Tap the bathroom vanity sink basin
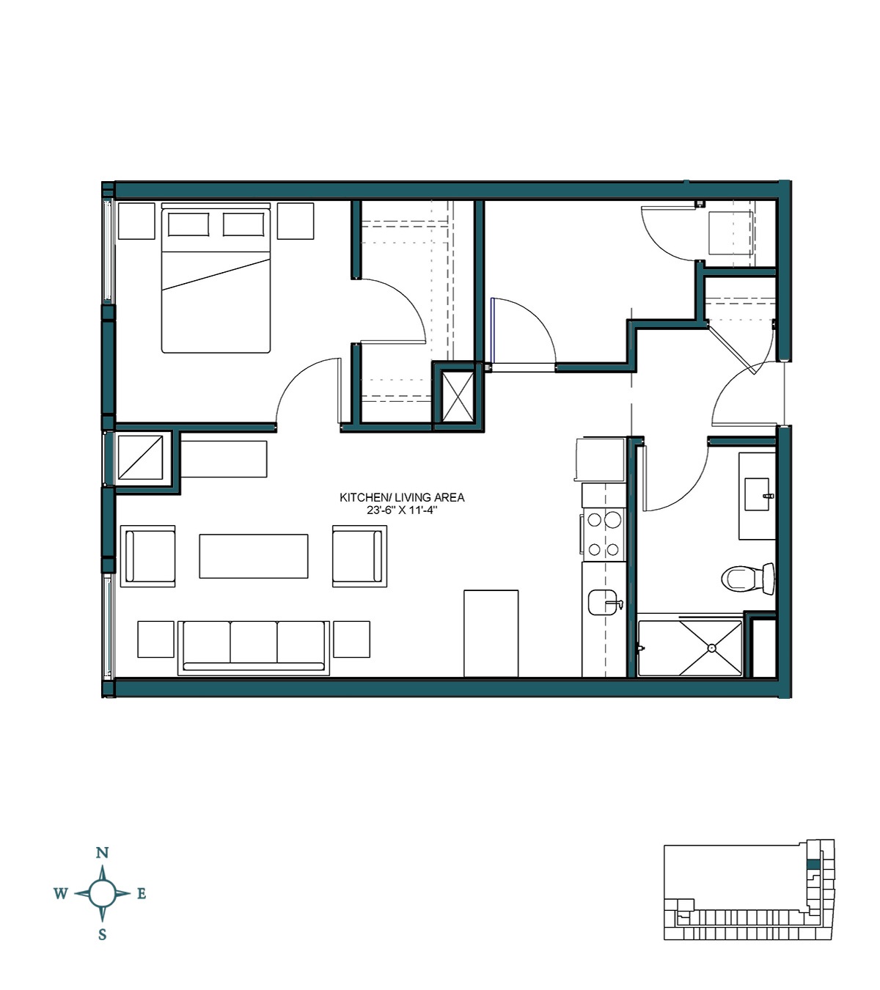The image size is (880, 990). pos(757,494)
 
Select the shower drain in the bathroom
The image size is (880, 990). pos(711,648)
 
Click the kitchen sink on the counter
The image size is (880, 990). pos(604,602)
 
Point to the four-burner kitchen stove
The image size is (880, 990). pos(604,534)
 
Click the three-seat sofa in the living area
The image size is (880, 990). pos(253,646)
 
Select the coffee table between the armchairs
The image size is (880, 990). pos(253,556)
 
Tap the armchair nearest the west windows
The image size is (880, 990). pos(149,556)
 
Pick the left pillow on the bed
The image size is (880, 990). pos(188,224)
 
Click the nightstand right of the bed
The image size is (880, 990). pos(296,221)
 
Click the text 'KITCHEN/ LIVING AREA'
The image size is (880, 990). pos(402,497)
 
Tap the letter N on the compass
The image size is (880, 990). pos(103,852)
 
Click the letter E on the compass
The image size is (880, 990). pos(142,893)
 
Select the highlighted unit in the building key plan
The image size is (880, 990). pos(813,865)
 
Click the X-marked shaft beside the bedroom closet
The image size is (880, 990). pos(457,396)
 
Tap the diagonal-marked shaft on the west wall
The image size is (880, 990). pos(140,458)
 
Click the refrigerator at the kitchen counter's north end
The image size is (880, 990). pos(600,460)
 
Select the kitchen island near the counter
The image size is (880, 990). pos(491,633)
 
